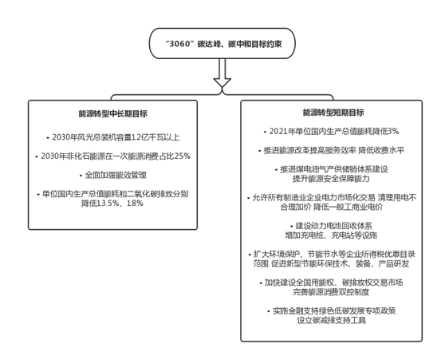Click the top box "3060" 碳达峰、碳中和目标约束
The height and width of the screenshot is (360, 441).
tap(222, 43)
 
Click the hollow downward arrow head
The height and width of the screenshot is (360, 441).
tap(222, 82)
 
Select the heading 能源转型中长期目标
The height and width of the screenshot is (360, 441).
tap(112, 113)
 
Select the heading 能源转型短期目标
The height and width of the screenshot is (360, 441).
tap(333, 113)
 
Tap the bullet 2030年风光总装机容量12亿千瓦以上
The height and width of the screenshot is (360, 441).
tap(113, 137)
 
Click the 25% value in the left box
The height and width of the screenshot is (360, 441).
tap(183, 156)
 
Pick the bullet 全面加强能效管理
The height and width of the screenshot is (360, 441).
tap(113, 175)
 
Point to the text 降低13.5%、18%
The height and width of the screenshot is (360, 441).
tap(112, 204)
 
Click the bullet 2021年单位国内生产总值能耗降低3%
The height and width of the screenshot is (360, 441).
tap(331, 131)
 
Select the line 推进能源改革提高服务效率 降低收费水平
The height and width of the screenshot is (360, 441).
tap(331, 150)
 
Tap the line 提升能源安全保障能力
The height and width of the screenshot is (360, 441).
tap(331, 179)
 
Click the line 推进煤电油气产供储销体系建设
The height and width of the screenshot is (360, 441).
tap(332, 169)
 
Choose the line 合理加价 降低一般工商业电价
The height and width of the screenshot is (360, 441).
tap(332, 207)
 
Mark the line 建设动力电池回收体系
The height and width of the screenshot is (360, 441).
tap(332, 226)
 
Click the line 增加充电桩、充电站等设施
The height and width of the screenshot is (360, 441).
tap(331, 235)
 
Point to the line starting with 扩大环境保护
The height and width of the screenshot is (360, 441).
tap(332, 254)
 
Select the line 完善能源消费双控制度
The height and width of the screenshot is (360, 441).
tap(331, 292)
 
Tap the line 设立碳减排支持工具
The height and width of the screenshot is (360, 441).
tap(331, 320)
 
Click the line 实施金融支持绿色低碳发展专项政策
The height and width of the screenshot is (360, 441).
tap(332, 311)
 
